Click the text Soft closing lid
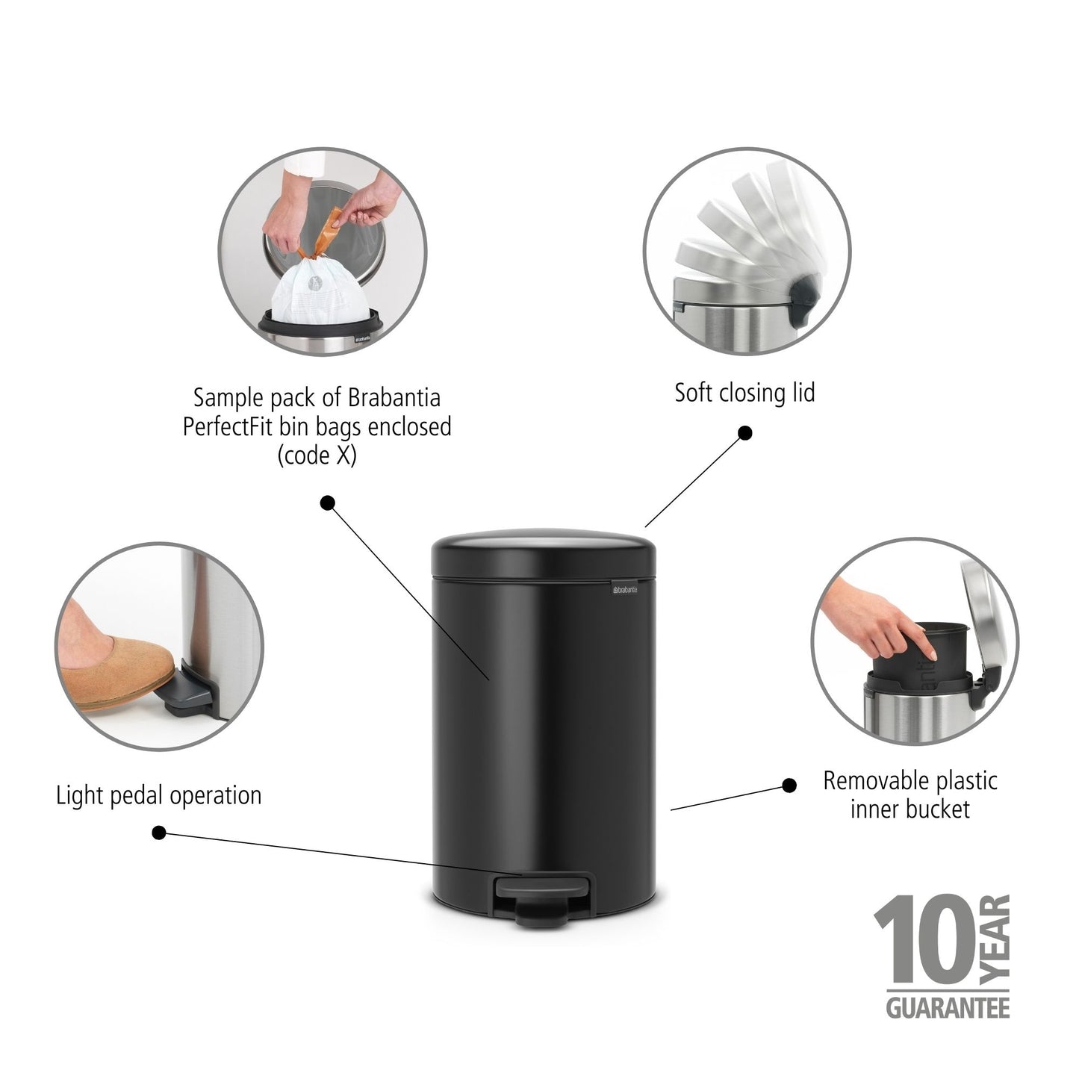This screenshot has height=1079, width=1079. (744, 393)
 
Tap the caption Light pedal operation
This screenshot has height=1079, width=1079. (159, 795)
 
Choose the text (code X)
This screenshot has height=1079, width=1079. (317, 456)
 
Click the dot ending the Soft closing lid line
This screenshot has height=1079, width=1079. (744, 433)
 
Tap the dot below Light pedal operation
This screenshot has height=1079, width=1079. (158, 833)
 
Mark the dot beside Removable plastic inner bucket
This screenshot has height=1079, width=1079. (789, 785)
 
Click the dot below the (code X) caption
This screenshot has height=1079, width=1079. (327, 503)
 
